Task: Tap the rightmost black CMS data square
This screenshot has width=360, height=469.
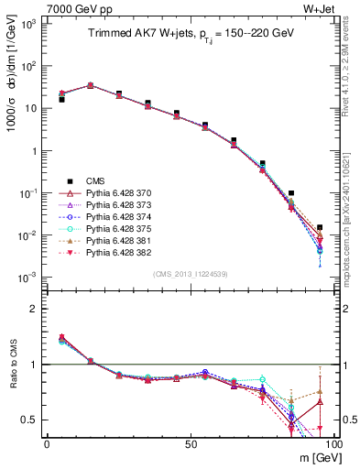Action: [319, 227]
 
